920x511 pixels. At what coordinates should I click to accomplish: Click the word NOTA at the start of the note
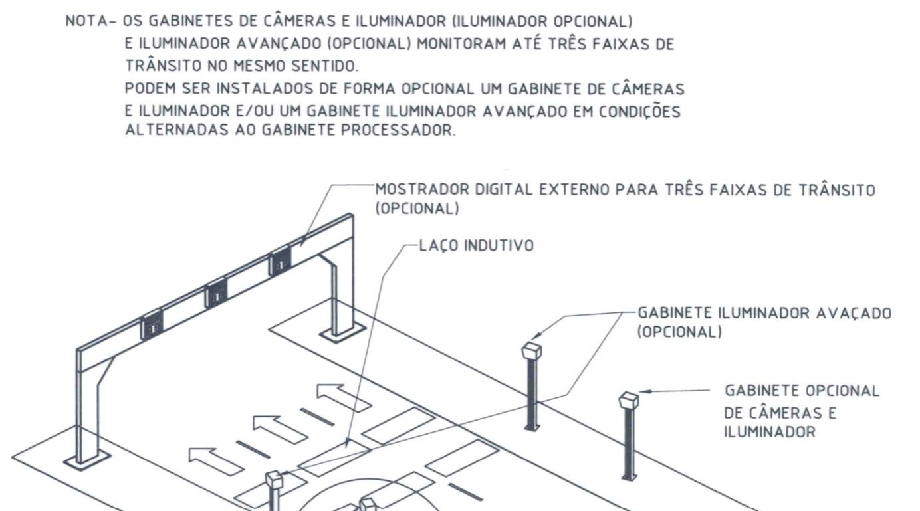click(x=86, y=21)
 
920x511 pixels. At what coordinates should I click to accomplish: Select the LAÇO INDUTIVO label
click(x=477, y=245)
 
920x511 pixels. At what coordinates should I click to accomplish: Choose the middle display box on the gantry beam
click(x=216, y=294)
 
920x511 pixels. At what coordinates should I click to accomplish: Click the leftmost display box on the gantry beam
click(x=152, y=325)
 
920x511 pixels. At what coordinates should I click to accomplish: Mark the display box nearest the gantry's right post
click(x=280, y=261)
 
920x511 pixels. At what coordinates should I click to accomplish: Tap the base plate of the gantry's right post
click(x=343, y=332)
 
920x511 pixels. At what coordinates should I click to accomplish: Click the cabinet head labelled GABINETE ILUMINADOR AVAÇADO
click(x=532, y=350)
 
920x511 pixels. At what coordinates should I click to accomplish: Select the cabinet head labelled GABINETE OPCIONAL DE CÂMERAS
click(x=630, y=401)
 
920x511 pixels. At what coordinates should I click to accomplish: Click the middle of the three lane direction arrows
click(x=280, y=429)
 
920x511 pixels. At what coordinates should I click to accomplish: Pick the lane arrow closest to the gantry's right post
click(x=344, y=397)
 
